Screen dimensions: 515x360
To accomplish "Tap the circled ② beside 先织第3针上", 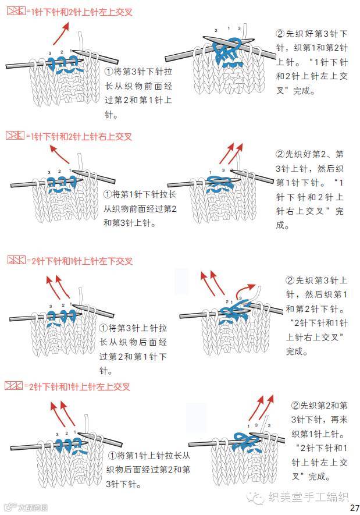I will pos(290,280).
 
